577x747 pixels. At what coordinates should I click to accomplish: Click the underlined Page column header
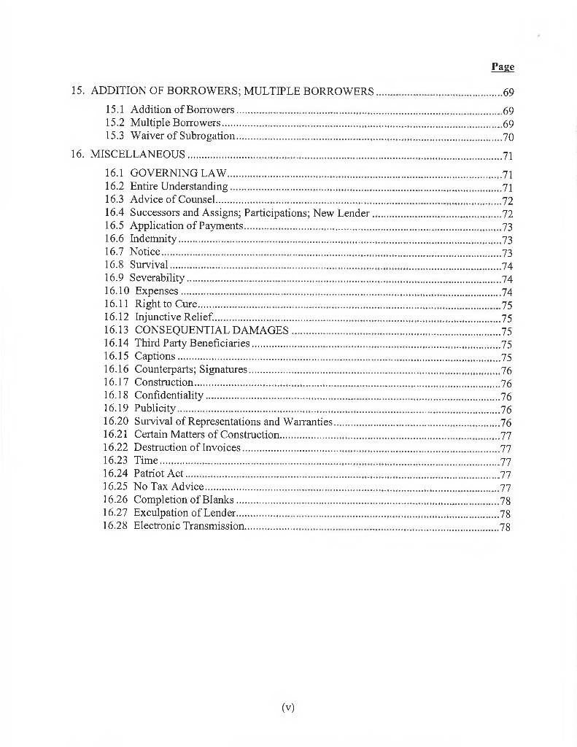(x=503, y=67)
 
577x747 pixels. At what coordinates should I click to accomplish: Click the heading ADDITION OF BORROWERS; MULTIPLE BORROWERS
(x=232, y=92)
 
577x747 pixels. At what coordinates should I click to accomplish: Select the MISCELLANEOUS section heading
(x=137, y=155)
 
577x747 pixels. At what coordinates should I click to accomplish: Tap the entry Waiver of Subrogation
(x=182, y=136)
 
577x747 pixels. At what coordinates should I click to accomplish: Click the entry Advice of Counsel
(x=172, y=200)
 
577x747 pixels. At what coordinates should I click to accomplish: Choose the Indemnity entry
(x=153, y=239)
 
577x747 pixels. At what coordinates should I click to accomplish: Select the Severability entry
(x=157, y=278)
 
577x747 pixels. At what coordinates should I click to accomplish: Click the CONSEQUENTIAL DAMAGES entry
(x=212, y=330)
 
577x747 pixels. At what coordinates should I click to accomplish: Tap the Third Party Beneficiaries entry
(x=192, y=344)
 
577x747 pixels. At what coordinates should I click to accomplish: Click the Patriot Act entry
(x=158, y=474)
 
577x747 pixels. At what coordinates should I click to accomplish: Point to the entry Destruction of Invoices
(x=187, y=448)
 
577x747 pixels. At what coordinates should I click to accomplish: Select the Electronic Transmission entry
(x=188, y=526)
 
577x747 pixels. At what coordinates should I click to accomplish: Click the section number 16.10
(x=116, y=291)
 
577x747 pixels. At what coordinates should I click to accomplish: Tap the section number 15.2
(x=114, y=123)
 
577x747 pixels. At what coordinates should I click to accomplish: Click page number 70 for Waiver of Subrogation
(x=508, y=136)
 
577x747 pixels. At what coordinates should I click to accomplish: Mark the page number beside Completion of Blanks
(x=505, y=500)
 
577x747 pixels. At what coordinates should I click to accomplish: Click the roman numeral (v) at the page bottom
(x=287, y=707)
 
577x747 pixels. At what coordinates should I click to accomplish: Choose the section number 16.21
(x=116, y=435)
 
